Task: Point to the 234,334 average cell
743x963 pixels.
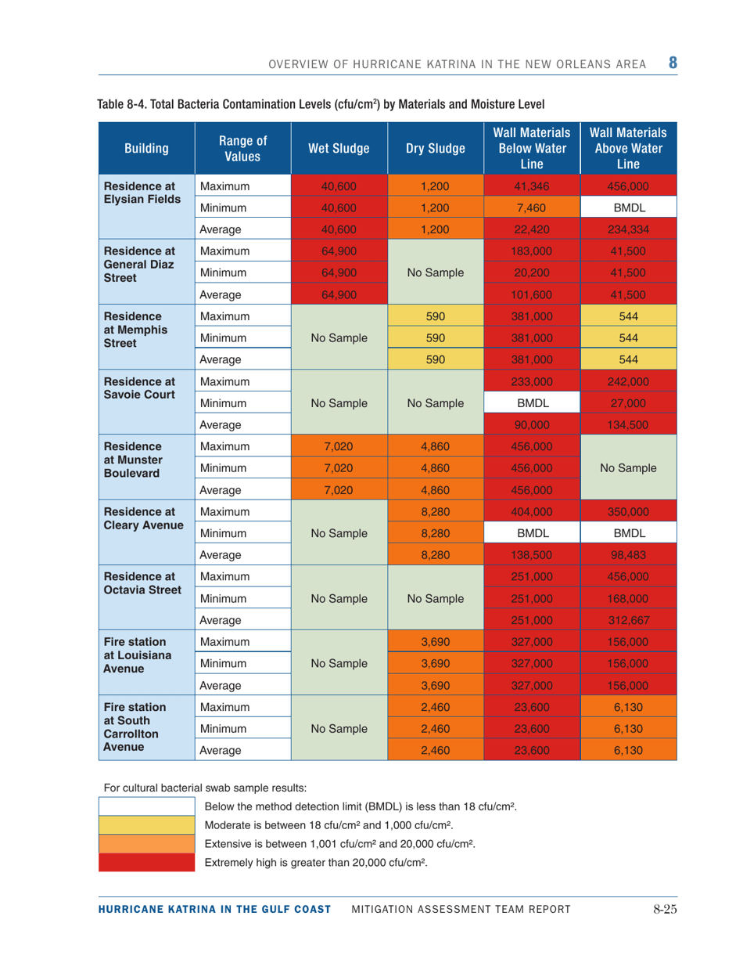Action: [x=630, y=231]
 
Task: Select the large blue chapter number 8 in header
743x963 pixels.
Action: [x=670, y=60]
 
